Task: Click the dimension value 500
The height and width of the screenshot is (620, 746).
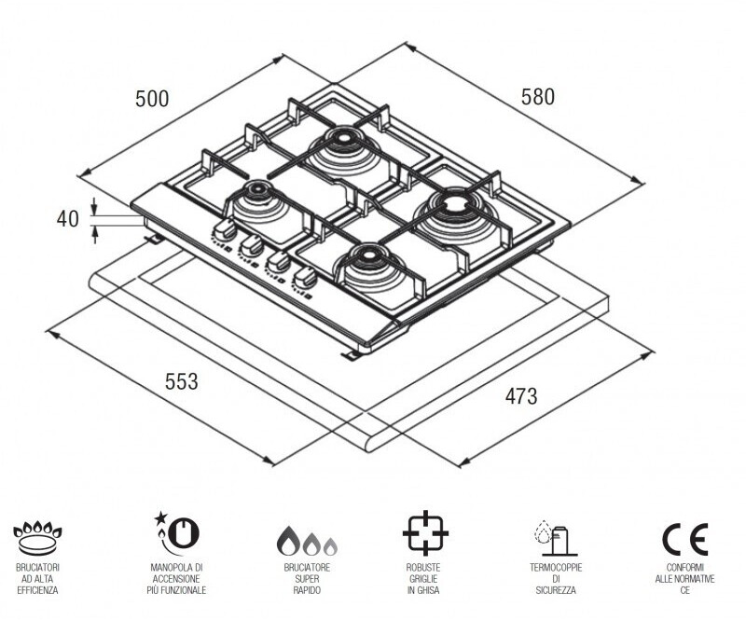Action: point(152,99)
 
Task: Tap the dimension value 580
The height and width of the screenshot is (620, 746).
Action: point(538,97)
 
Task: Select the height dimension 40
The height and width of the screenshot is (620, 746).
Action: point(67,219)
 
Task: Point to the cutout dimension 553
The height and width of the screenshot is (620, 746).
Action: point(181,381)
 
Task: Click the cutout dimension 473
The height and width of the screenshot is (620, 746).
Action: point(521,396)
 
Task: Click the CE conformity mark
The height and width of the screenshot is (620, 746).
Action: point(685,539)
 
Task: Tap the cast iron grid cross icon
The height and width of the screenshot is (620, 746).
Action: point(425,533)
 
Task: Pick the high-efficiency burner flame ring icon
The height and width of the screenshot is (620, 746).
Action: point(37,536)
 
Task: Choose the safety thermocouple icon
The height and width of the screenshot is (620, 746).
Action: point(555,538)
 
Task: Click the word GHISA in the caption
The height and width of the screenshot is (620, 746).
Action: point(429,590)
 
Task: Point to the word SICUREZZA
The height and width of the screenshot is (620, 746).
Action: point(556,590)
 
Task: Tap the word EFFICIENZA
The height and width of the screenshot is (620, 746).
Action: point(37,590)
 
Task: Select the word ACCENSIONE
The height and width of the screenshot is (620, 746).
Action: point(176,579)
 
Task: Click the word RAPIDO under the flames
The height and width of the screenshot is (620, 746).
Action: point(308,590)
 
